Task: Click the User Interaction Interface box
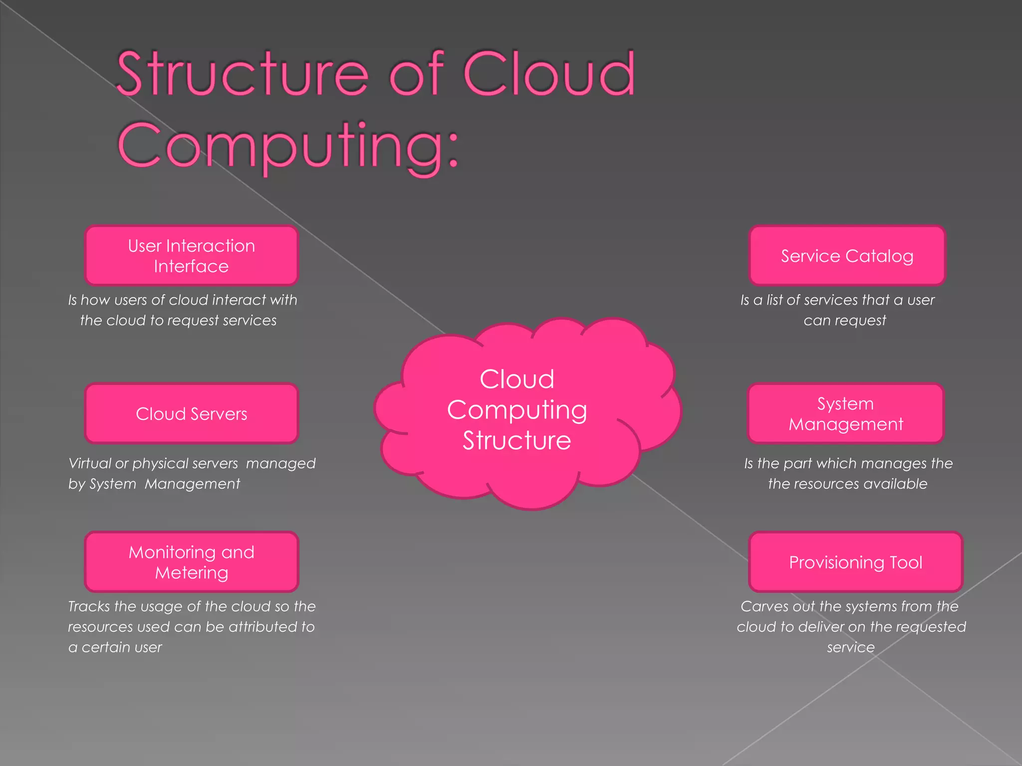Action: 191,255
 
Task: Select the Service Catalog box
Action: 847,255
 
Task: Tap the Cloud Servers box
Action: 191,413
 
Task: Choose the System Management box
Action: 845,413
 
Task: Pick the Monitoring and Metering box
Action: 191,562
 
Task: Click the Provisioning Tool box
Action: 855,562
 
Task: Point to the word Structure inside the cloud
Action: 516,441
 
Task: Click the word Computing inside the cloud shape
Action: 516,410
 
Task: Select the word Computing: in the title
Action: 288,146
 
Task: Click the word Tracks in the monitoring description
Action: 89,606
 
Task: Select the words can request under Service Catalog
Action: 844,321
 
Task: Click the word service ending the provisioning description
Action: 850,647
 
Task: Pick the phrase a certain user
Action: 115,647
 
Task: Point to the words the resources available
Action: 847,484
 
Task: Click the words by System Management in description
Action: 154,484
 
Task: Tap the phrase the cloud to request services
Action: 178,321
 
